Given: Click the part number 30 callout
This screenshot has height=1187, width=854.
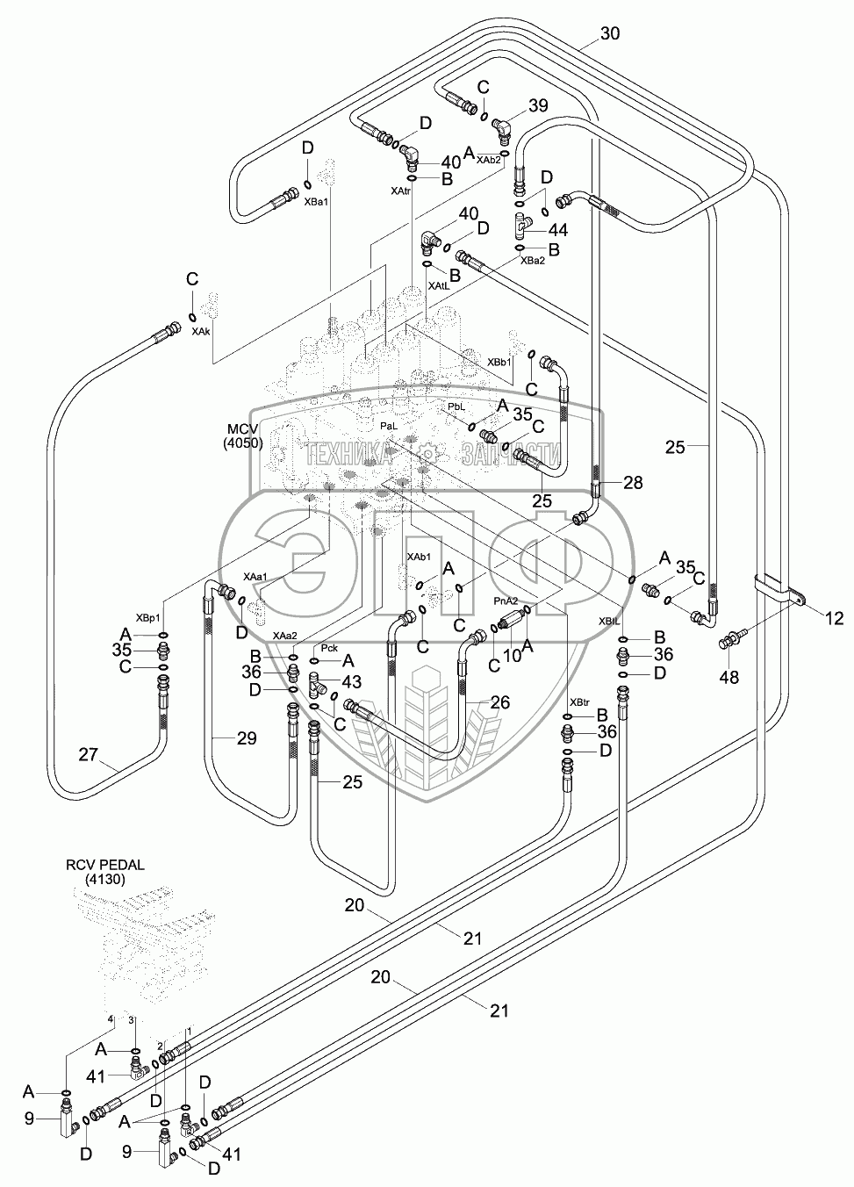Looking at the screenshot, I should [x=610, y=34].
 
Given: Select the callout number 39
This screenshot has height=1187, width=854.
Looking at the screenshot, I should [x=538, y=106].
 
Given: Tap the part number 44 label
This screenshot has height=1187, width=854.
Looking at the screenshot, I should [x=556, y=230].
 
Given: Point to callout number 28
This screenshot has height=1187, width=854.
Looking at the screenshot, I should [x=633, y=483].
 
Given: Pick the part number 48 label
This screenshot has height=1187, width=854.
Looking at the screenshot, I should [x=729, y=678].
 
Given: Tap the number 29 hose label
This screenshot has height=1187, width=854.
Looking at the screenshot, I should [x=247, y=738].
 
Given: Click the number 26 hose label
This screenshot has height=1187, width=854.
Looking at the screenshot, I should [x=499, y=701].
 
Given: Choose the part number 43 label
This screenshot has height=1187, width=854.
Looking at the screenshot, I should [x=351, y=681].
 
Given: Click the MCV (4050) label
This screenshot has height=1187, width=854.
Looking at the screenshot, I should [x=241, y=435].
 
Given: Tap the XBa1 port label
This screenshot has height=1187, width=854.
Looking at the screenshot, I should [x=315, y=202].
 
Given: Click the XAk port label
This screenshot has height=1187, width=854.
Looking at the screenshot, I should [x=201, y=333].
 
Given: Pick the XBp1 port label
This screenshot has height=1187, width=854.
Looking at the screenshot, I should [x=148, y=617].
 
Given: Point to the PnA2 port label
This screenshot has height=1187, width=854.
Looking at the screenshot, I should [x=506, y=601].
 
